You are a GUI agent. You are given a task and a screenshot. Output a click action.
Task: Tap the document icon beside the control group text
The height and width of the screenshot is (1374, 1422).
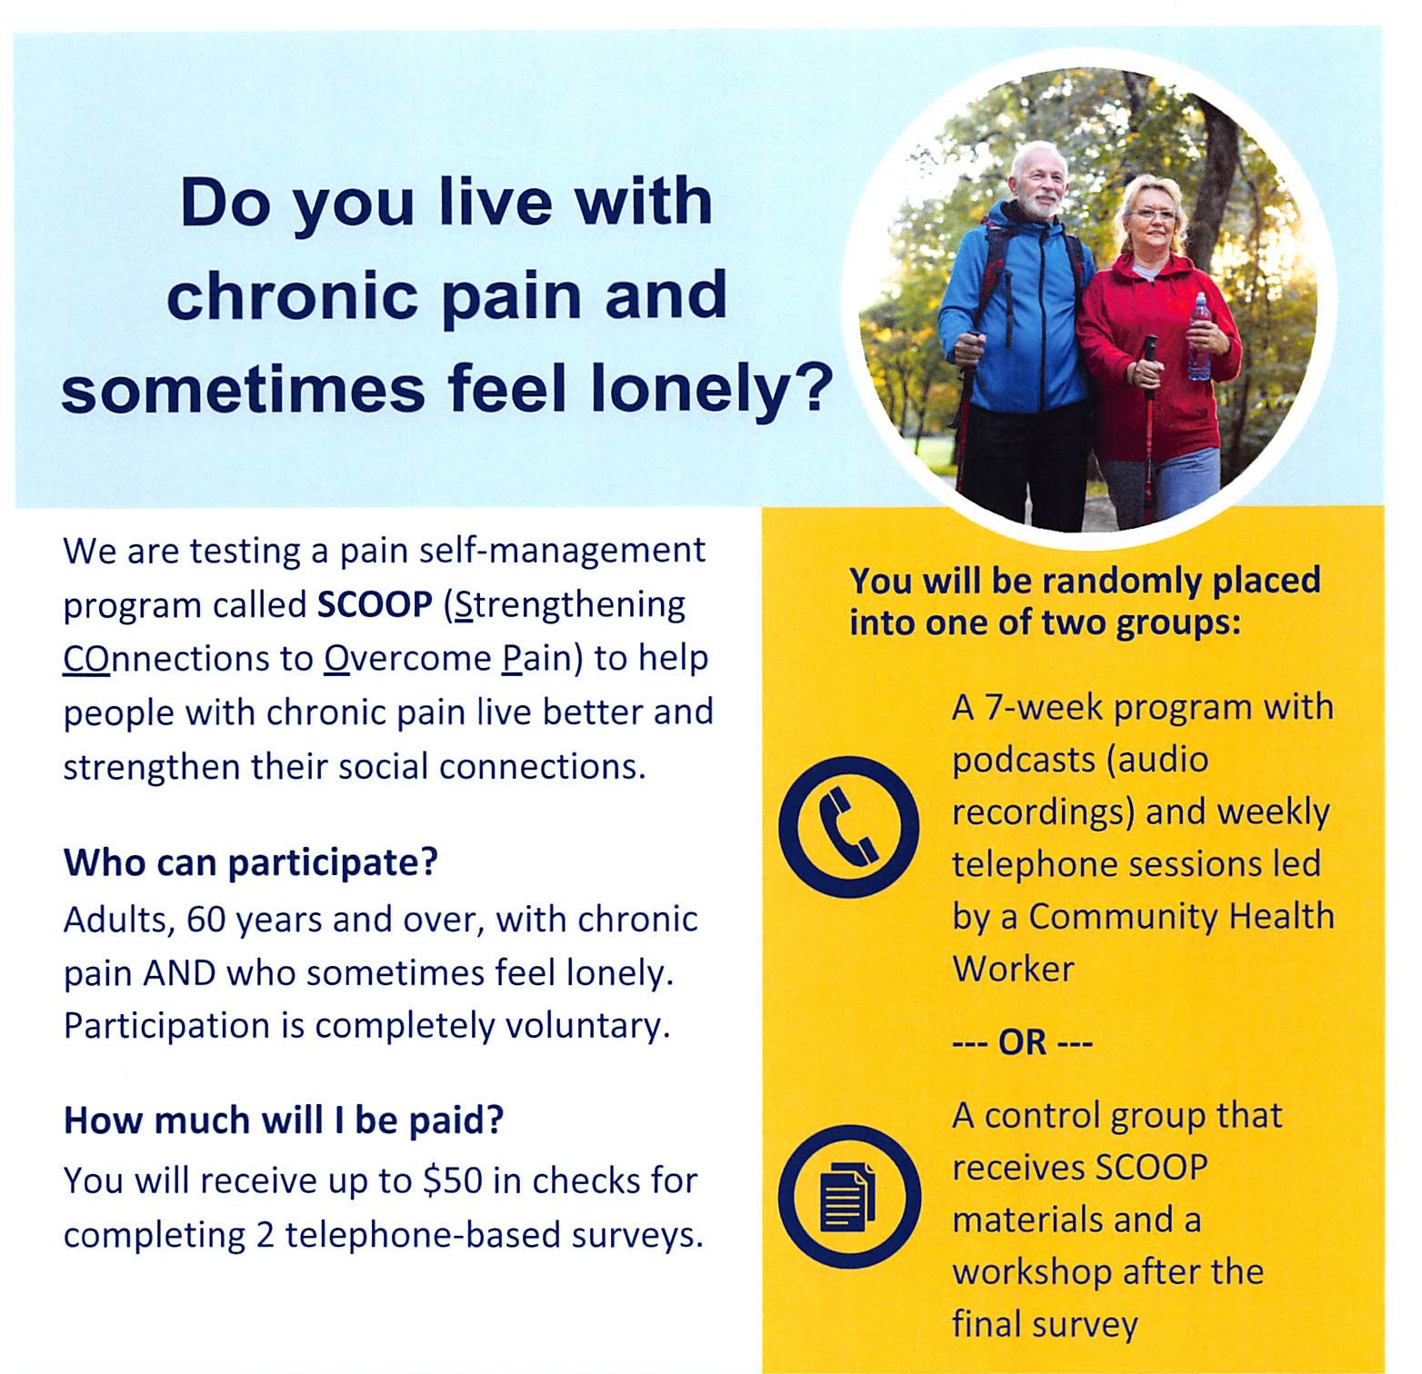(848, 1197)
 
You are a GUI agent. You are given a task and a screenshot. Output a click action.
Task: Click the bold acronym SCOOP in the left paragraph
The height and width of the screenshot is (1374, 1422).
(375, 605)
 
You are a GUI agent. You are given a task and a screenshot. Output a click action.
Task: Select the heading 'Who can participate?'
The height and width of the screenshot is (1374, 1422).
(251, 862)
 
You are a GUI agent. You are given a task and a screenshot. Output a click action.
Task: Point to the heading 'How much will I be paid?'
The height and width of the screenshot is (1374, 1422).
(284, 1120)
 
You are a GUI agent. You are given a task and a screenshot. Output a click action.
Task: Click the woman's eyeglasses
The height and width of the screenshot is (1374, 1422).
(1153, 214)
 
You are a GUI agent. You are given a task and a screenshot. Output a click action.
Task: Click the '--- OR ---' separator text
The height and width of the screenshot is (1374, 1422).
(1022, 1041)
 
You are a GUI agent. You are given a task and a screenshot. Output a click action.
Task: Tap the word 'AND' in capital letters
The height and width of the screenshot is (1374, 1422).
(179, 973)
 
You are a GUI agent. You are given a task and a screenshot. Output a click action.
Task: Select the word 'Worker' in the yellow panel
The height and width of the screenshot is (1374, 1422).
(1013, 969)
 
